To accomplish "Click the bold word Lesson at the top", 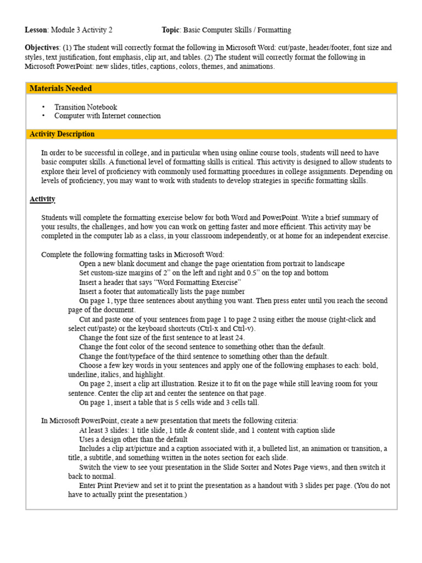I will point(36,30).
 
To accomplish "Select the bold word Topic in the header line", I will point(171,30).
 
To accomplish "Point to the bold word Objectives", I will point(42,48).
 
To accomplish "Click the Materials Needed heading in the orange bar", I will point(60,89).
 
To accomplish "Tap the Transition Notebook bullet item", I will point(86,107).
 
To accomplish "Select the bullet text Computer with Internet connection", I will point(108,116).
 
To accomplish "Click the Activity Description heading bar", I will point(62,134).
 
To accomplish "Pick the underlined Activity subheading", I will point(42,199).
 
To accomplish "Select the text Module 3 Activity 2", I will point(82,30).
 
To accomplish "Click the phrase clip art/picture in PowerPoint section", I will point(132,449).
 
